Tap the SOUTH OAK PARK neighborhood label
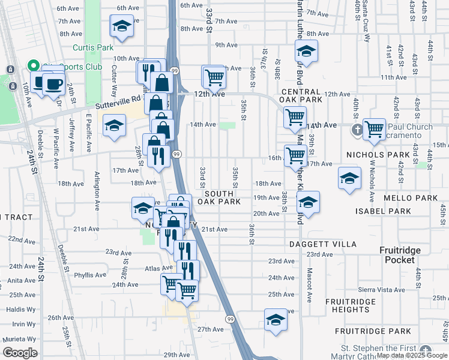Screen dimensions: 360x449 pyautogui.click(x=223, y=198)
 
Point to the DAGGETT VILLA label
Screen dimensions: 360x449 pyautogui.click(x=322, y=244)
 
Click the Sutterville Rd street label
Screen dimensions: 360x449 pyautogui.click(x=125, y=98)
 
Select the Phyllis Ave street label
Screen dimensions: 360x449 pyautogui.click(x=91, y=275)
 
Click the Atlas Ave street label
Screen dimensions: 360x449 pyautogui.click(x=158, y=268)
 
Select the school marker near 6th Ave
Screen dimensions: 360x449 pyautogui.click(x=122, y=26)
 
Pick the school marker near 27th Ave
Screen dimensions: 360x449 pyautogui.click(x=276, y=319)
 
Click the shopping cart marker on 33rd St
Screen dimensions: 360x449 pyautogui.click(x=214, y=76)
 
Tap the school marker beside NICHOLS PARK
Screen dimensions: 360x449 pyautogui.click(x=349, y=178)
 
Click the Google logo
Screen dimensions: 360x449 pyautogui.click(x=20, y=353)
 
